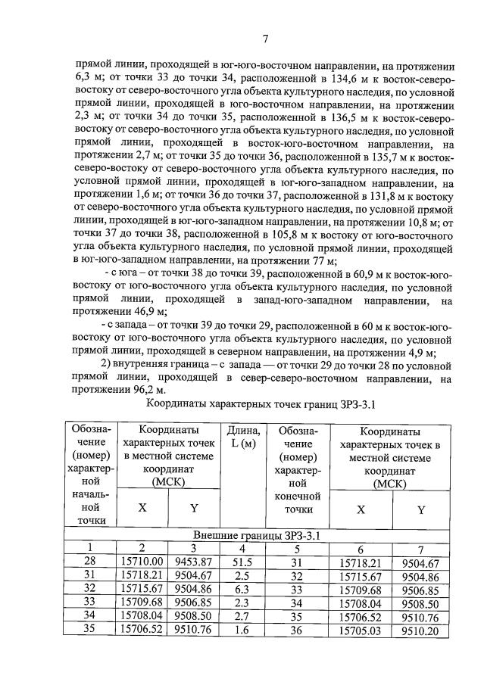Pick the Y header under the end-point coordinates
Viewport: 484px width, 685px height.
(x=420, y=509)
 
